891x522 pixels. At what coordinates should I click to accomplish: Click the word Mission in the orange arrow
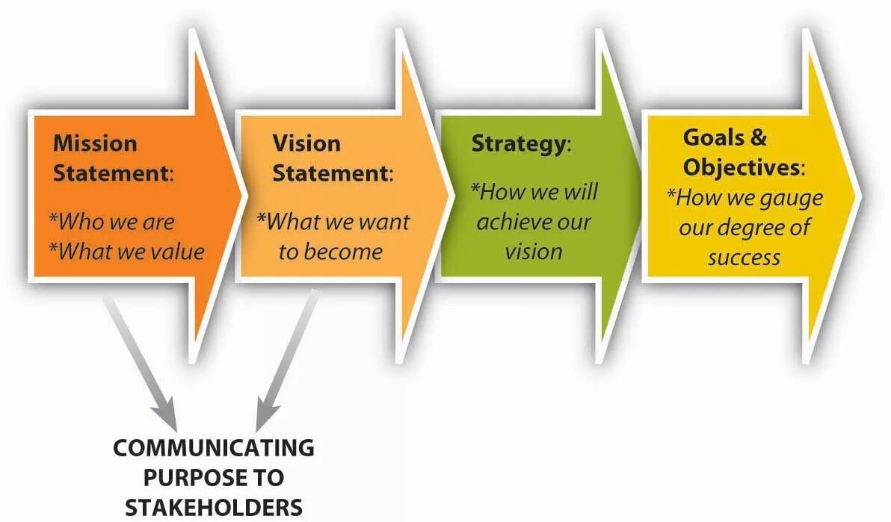point(95,143)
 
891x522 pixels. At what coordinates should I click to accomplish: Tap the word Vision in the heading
point(306,143)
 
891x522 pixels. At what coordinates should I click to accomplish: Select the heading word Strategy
point(517,143)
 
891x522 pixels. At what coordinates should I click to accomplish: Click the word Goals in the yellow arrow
point(714,137)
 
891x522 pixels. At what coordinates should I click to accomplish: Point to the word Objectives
point(742,167)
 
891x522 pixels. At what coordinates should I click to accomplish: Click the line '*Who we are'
point(111,222)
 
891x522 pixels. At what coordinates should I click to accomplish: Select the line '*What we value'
point(126,252)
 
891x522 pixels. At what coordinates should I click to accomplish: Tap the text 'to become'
point(330,252)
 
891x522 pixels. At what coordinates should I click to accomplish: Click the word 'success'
point(744,258)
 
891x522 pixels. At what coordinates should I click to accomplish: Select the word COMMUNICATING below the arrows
point(214,448)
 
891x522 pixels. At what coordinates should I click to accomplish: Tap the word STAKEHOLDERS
point(214,507)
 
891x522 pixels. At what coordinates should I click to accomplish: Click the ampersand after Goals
point(757,137)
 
